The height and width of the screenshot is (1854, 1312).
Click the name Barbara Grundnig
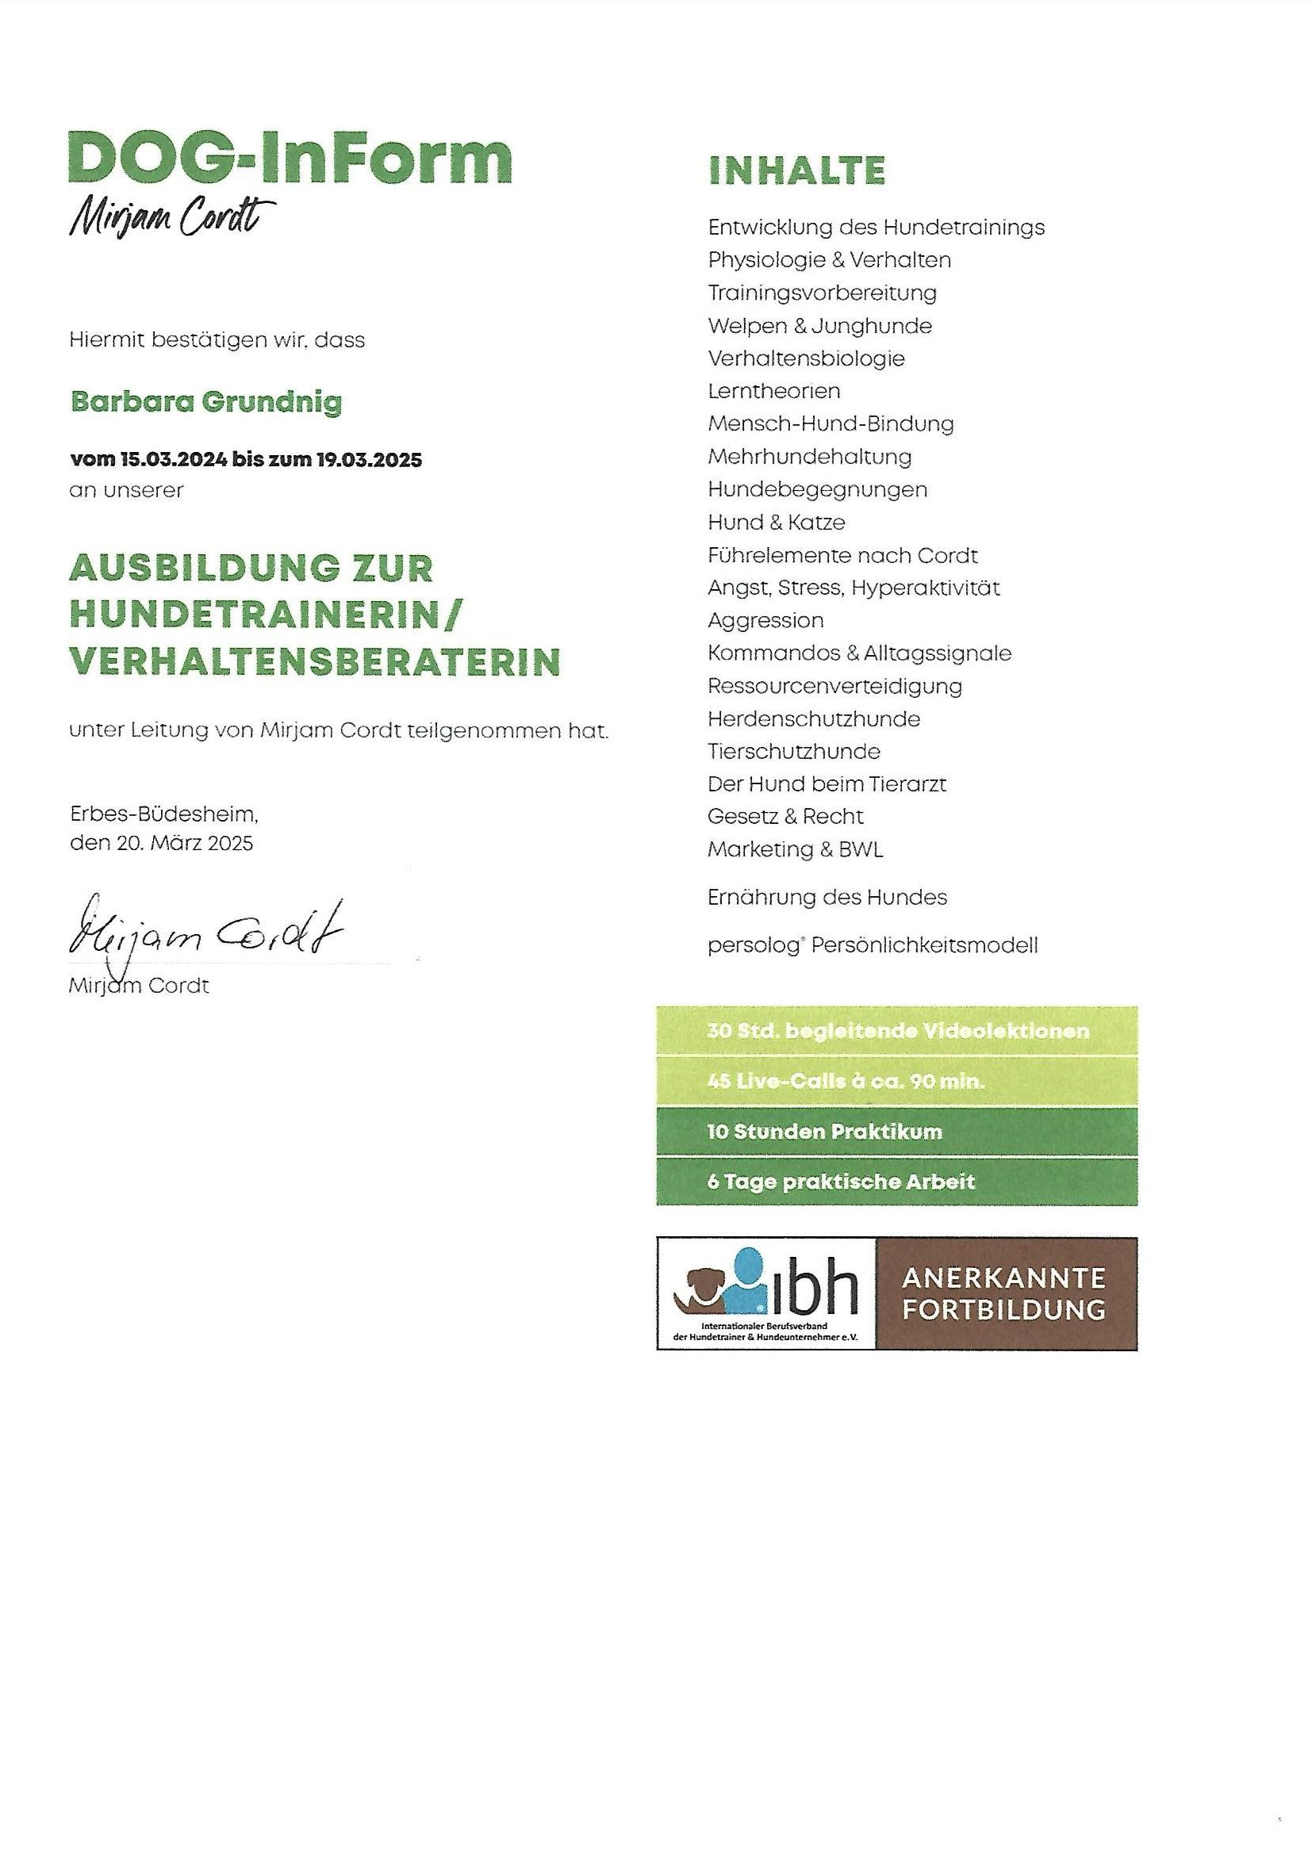(207, 401)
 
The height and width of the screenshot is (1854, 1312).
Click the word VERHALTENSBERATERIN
(315, 661)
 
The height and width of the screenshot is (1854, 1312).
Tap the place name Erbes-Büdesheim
(164, 814)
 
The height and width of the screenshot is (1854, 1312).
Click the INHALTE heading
(796, 170)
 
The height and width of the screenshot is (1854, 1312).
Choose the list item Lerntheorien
(774, 392)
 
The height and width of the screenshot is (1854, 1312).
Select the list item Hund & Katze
(777, 523)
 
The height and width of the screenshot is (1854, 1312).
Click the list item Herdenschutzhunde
(814, 718)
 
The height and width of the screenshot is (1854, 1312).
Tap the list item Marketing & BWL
(795, 849)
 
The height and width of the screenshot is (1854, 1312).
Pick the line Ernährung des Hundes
(827, 897)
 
